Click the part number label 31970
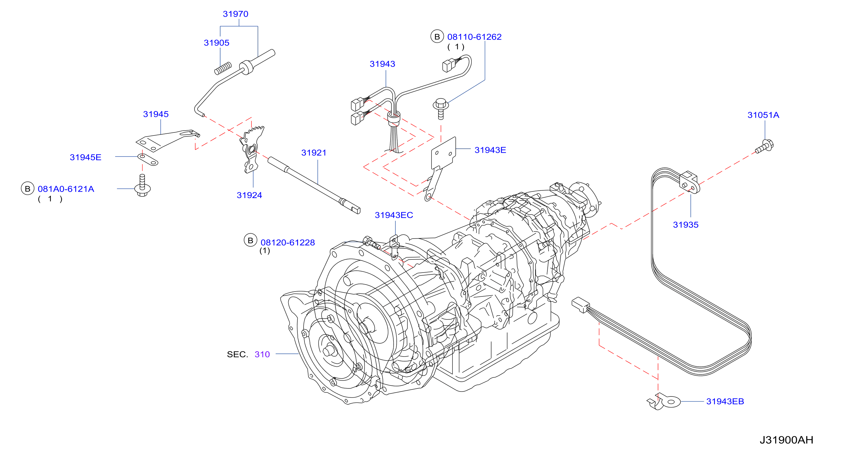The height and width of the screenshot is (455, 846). (x=236, y=14)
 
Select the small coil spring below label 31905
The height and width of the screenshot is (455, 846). (x=223, y=68)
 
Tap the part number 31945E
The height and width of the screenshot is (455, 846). (x=85, y=157)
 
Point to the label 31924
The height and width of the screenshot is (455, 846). (x=249, y=195)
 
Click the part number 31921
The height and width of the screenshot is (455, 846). (x=314, y=153)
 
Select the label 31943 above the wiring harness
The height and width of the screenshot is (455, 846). (x=382, y=64)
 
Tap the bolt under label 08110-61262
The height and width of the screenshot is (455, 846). (x=441, y=109)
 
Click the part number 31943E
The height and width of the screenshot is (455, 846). (x=490, y=150)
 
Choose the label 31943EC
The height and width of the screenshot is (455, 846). (x=394, y=215)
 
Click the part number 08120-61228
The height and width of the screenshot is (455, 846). (x=288, y=243)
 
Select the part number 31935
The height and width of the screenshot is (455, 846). (x=685, y=225)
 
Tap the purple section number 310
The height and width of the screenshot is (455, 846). (x=262, y=354)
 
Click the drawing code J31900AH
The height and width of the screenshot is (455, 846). (x=786, y=440)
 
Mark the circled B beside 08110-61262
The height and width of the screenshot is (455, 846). (x=437, y=37)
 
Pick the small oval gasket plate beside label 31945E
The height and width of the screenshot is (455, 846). (x=147, y=159)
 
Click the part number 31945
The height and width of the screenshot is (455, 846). (x=156, y=114)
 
